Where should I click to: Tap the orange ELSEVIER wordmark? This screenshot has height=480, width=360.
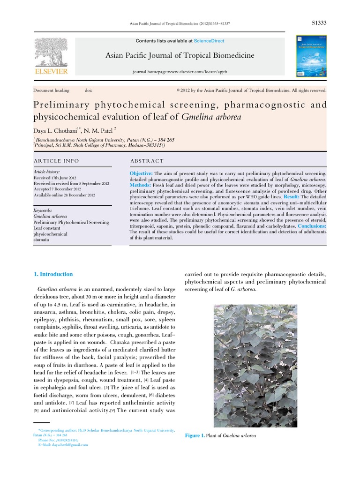51,71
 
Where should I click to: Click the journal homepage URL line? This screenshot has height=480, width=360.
180,74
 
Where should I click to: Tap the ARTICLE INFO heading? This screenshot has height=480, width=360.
56,161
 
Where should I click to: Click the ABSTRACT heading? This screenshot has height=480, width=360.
147,161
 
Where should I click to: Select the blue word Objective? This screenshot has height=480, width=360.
141,173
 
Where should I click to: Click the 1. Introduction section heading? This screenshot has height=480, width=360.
53,274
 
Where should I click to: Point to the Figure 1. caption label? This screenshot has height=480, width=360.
195,436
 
